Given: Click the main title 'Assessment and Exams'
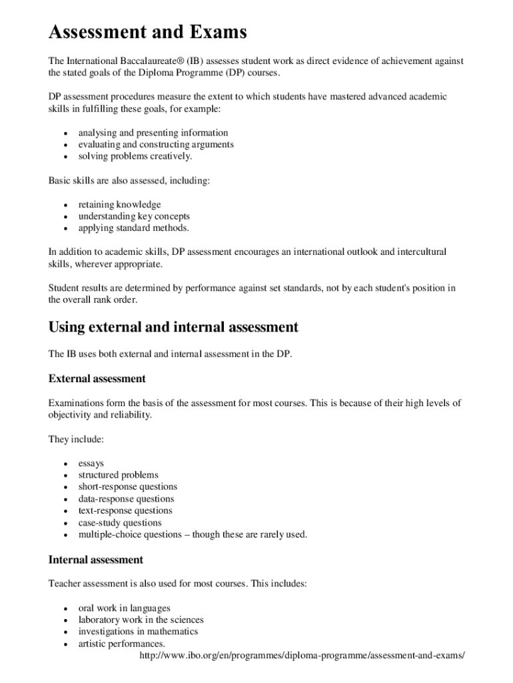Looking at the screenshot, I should coord(147,31).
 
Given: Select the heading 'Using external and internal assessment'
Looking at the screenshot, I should coord(173,327).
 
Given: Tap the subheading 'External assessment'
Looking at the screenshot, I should coord(97,379).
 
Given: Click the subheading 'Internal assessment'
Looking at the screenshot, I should coord(95,560).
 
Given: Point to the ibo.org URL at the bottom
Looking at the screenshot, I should coord(301,656).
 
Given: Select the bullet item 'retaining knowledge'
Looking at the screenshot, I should coord(119,204).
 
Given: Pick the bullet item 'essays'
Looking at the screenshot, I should coord(91,463).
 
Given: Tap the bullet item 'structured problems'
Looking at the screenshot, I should coord(119,475).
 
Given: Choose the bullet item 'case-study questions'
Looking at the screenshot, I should coord(120,523).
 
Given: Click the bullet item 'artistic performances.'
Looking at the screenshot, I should coord(121,644).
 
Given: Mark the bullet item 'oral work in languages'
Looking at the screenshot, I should coord(124,608).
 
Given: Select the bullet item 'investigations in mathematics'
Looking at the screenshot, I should coord(138,632).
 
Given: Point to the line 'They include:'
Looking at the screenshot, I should coord(76,439).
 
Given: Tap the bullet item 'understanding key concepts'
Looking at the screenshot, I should coord(134,216).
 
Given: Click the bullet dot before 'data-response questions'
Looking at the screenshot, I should coord(65,500).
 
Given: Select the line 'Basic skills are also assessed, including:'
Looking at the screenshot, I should coord(129,180).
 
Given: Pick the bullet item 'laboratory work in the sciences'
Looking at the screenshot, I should coord(141,620).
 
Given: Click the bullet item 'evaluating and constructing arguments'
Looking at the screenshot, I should coord(156,144).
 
